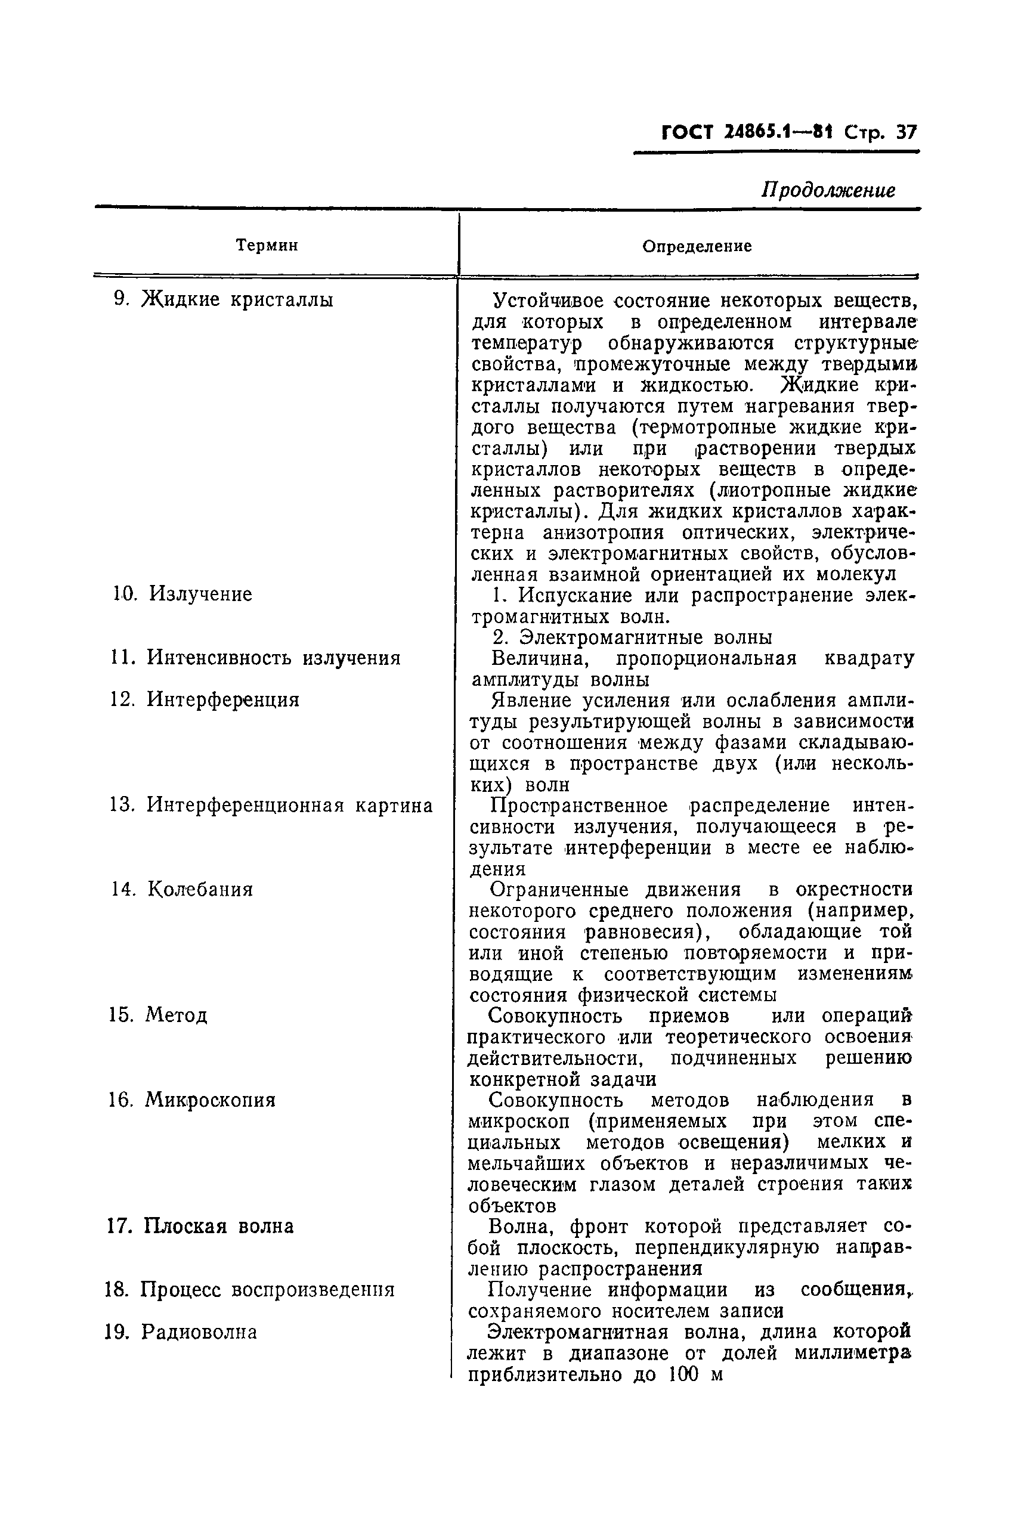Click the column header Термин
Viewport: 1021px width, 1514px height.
tap(267, 246)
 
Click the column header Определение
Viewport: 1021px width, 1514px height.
tap(697, 246)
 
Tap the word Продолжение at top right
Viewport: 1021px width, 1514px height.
tap(828, 190)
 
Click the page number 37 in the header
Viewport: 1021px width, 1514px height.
tap(906, 133)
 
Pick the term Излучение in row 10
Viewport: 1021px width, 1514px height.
tap(200, 594)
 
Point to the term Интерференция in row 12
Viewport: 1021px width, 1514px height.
tap(222, 699)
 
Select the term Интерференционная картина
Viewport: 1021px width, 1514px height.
tap(289, 806)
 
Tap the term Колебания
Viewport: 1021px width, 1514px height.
tap(200, 889)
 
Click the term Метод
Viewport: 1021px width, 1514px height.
tap(176, 1015)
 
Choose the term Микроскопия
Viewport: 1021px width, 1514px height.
tap(210, 1100)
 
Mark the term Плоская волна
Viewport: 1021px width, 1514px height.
tap(219, 1227)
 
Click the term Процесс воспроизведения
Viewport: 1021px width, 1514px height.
tap(268, 1289)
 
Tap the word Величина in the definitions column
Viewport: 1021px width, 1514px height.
tap(540, 658)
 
